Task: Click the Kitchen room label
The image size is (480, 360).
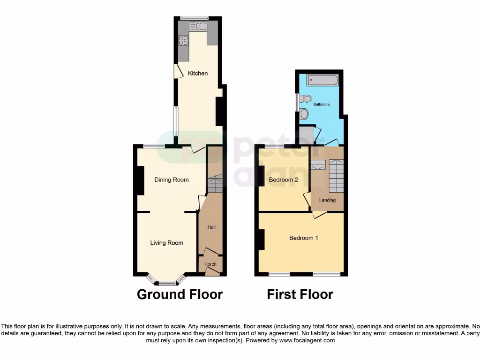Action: (x=198, y=74)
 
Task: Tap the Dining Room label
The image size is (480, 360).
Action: (x=172, y=180)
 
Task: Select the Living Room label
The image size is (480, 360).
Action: (x=166, y=243)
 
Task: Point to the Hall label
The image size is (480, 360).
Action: (x=211, y=227)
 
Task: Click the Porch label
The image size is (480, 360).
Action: (x=210, y=264)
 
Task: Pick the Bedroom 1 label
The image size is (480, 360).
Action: (x=303, y=238)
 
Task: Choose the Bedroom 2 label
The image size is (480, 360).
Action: (x=283, y=180)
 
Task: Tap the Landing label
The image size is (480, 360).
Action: (x=327, y=200)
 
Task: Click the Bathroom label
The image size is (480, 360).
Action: (x=322, y=105)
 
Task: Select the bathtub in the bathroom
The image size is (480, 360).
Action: (x=322, y=80)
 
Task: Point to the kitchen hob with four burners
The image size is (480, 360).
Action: (x=183, y=40)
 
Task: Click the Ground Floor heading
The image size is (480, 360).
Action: (x=180, y=294)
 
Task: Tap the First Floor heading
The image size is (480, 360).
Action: (x=300, y=294)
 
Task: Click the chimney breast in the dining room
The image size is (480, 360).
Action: (x=140, y=180)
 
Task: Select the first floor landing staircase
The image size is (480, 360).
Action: (x=336, y=176)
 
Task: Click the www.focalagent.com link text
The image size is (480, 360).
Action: (x=307, y=340)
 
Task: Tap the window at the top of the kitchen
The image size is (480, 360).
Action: (x=195, y=18)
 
